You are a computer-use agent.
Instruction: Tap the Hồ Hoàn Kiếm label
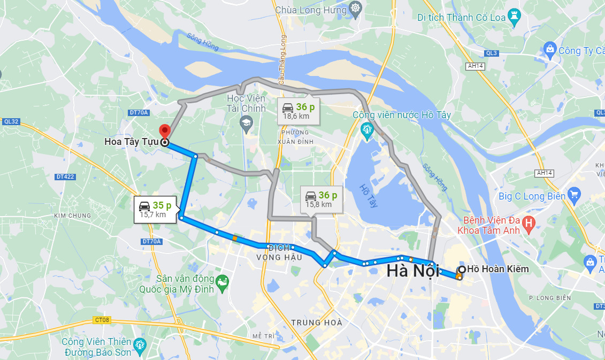[x=497, y=269]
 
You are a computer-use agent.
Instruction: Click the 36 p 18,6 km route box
[x=298, y=111]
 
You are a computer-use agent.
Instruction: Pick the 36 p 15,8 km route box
[x=321, y=199]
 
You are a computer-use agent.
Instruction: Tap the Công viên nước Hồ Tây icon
[x=367, y=129]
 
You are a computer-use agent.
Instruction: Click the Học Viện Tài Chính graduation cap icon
[x=246, y=124]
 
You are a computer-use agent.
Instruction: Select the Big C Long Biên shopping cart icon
[x=575, y=195]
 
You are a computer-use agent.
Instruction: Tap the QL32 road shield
[x=11, y=121]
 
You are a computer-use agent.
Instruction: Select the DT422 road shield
[x=65, y=176]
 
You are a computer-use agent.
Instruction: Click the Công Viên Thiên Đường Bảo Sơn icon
[x=140, y=343]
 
